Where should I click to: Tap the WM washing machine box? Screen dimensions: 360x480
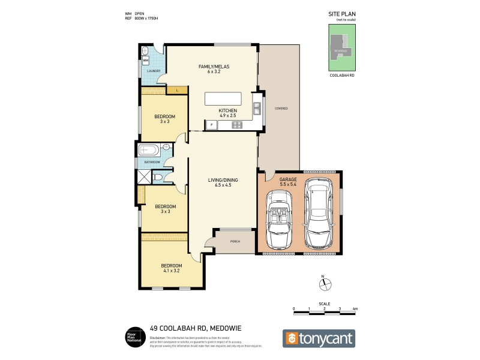tap(145, 60)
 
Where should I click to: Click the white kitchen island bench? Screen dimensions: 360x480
tap(223, 99)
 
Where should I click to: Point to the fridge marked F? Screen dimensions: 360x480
tap(211, 125)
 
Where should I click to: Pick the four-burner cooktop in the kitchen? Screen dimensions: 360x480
tap(236, 125)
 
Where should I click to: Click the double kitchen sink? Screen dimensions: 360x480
tap(257, 109)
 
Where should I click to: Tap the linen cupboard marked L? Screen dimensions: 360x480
tap(178, 90)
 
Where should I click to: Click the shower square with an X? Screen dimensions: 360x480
tap(144, 176)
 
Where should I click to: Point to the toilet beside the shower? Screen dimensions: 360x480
tap(157, 176)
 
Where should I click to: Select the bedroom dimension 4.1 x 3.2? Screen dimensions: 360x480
tap(170, 270)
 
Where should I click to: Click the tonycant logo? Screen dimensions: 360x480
tap(319, 338)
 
